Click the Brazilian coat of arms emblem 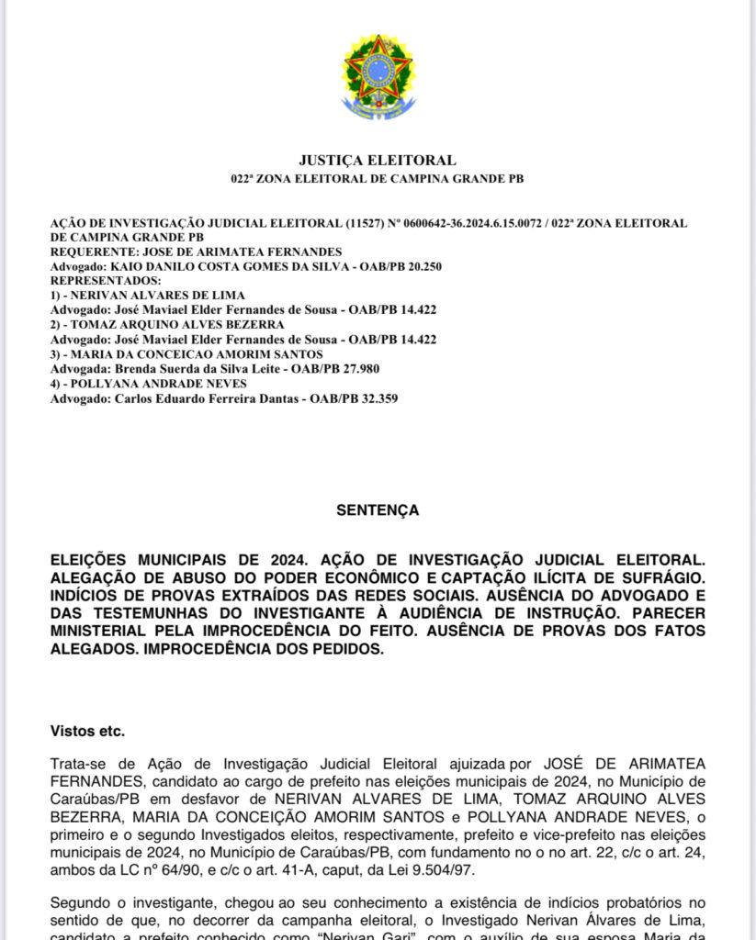[x=378, y=77]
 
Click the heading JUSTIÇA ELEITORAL [x=378, y=161]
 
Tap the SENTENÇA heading [x=378, y=509]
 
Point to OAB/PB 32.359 [x=353, y=398]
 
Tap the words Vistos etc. [x=87, y=732]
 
